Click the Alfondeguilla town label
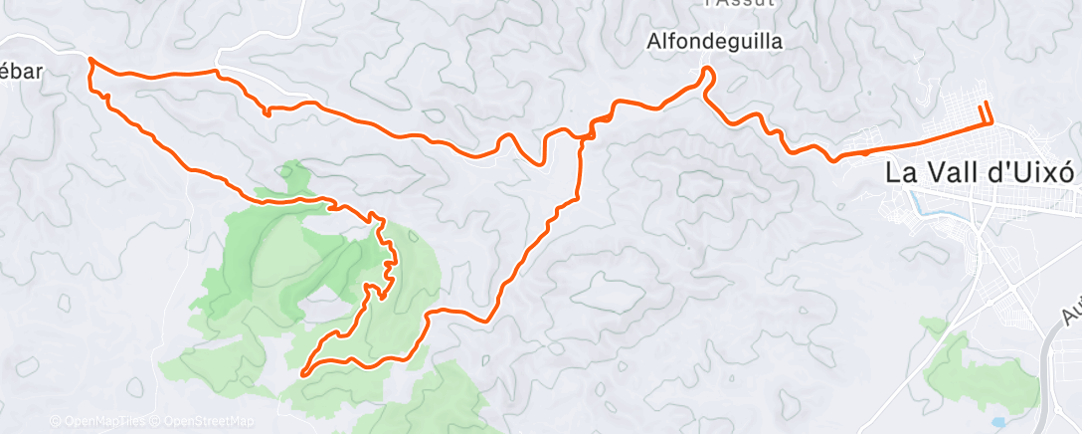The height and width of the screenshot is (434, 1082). point(714,42)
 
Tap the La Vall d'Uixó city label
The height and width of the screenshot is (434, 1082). point(980,171)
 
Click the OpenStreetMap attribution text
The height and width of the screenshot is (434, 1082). point(209,421)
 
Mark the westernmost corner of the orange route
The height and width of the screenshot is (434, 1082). point(90,61)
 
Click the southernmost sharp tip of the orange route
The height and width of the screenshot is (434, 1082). point(301,373)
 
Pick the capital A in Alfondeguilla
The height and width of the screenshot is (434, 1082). point(653,42)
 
